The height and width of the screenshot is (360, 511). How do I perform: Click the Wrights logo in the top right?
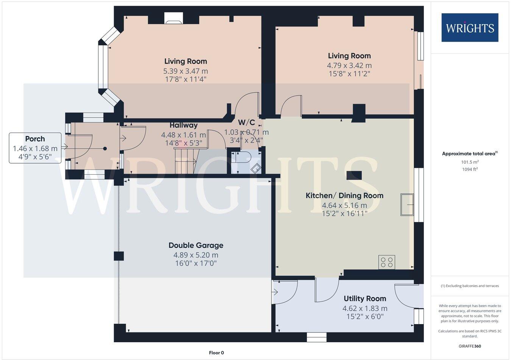[470, 28]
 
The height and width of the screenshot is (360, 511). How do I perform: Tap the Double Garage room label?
[196, 245]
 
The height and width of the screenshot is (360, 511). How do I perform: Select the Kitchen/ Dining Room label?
[344, 196]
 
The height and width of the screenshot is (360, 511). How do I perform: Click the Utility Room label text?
[365, 299]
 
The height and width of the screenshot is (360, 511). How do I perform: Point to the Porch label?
[35, 139]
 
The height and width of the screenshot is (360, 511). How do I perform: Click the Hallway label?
[184, 125]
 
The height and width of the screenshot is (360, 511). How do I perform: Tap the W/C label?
[246, 123]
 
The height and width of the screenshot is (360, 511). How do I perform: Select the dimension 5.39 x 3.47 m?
[185, 71]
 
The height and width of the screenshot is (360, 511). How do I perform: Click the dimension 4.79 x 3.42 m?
[349, 65]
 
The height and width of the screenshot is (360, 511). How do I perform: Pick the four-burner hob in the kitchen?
[387, 262]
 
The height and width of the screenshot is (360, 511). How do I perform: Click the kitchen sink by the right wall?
[407, 205]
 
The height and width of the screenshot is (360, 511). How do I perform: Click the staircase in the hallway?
[185, 161]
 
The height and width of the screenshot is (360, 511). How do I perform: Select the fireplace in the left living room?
[174, 19]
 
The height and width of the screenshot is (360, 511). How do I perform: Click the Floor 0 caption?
[217, 353]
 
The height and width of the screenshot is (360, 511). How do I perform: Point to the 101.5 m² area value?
[469, 162]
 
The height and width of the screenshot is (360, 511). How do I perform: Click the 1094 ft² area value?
[470, 169]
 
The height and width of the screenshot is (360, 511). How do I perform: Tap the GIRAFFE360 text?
[470, 346]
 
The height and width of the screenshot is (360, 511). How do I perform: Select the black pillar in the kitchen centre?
[354, 175]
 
